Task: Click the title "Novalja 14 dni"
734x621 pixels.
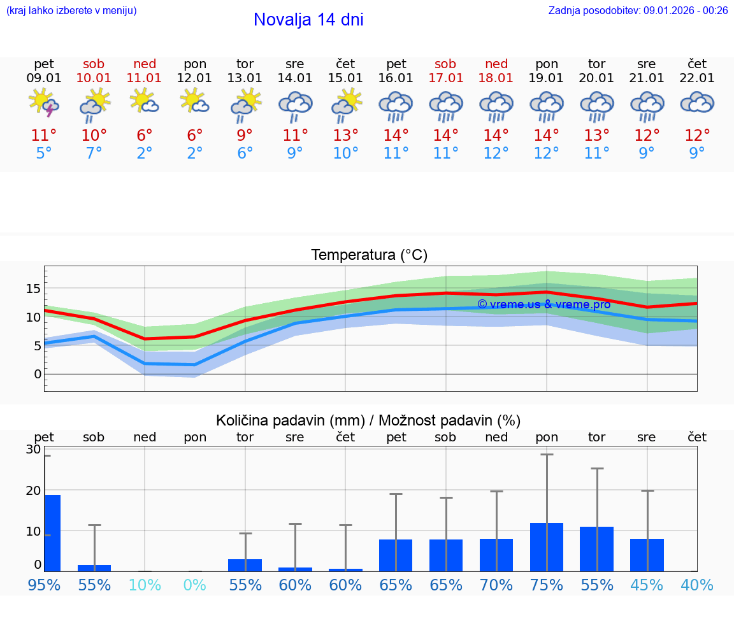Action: (x=308, y=20)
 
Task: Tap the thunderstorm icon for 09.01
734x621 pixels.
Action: (x=44, y=103)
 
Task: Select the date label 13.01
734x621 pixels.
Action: (x=245, y=78)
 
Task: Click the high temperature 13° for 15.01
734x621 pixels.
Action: (x=345, y=136)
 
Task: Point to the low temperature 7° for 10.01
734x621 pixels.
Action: (x=94, y=153)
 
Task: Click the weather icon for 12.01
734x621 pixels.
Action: (x=195, y=102)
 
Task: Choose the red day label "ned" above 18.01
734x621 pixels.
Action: (x=496, y=64)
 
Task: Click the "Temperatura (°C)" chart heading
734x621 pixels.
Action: (x=369, y=255)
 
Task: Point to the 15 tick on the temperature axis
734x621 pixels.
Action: (x=33, y=289)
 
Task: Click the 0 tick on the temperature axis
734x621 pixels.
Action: (x=37, y=374)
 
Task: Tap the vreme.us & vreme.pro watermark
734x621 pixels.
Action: (x=543, y=304)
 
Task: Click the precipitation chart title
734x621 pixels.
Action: (x=368, y=420)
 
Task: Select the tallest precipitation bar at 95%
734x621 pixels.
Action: (x=52, y=532)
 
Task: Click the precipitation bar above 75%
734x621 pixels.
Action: (x=547, y=547)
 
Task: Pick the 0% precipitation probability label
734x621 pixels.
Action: (x=195, y=585)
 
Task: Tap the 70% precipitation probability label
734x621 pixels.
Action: (x=496, y=585)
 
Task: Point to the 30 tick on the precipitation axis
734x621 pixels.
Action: (x=33, y=450)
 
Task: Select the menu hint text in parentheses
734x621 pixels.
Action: (x=71, y=11)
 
